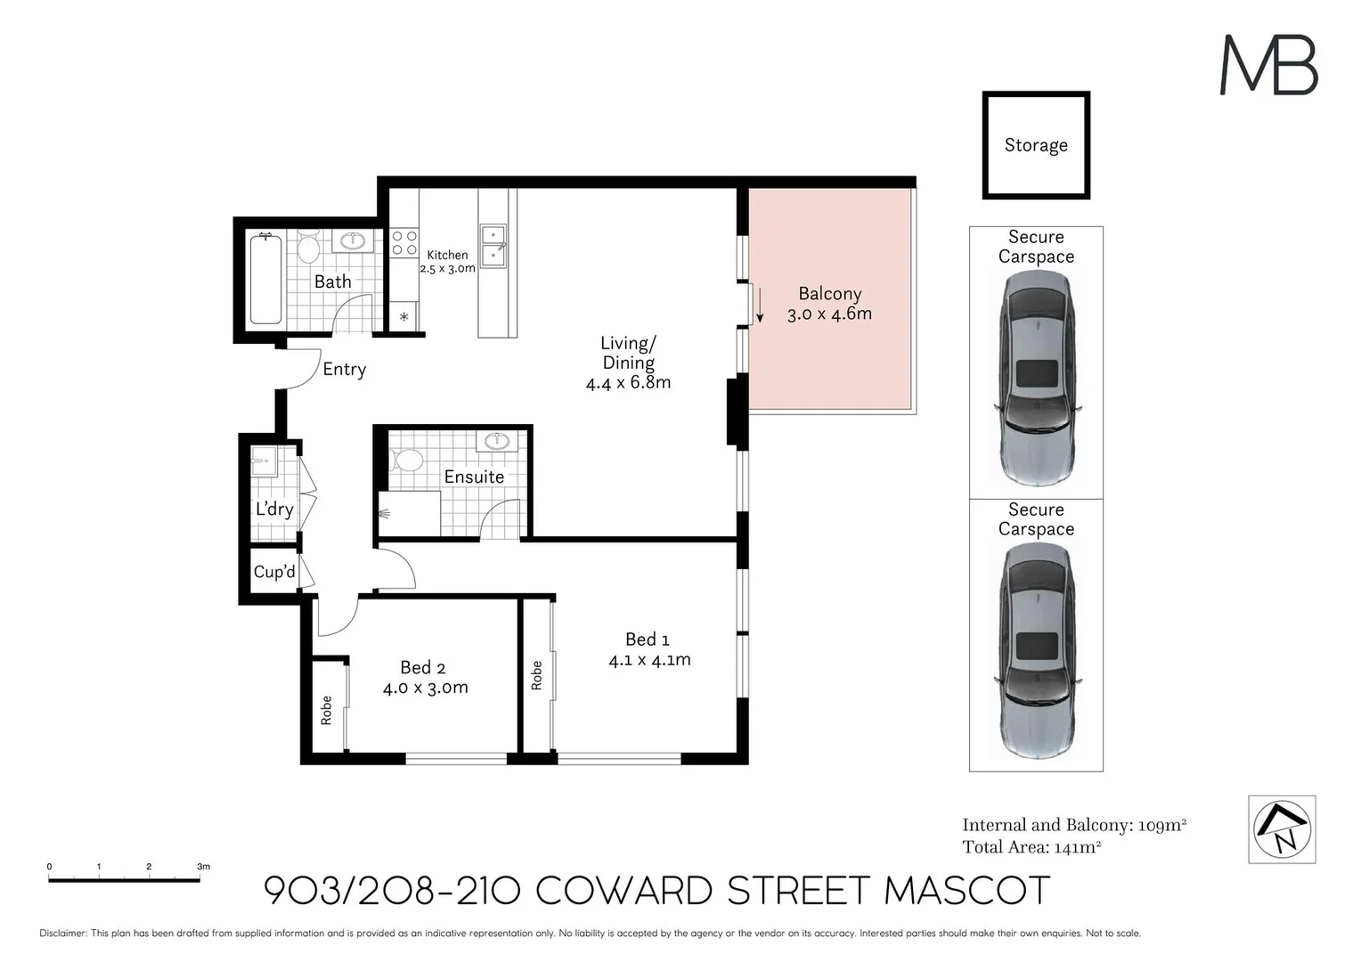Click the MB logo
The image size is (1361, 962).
1268,65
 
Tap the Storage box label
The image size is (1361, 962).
1036,145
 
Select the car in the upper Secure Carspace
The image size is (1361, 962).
1036,378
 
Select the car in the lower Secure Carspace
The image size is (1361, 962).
1036,650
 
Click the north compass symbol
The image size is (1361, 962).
1282,829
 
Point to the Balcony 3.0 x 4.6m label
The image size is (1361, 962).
829,304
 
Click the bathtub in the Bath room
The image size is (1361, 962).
266,279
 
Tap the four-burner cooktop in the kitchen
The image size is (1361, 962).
404,243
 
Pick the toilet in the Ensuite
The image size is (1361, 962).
408,461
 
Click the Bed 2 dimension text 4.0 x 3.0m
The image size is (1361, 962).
425,688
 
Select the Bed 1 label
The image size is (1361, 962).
647,640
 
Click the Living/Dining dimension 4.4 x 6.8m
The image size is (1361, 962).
628,383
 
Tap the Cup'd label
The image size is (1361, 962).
273,572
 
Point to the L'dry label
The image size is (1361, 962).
274,509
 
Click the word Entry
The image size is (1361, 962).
344,369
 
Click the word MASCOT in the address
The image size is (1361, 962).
967,891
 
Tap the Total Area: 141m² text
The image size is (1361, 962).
1031,847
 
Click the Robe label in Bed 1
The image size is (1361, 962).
536,675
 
